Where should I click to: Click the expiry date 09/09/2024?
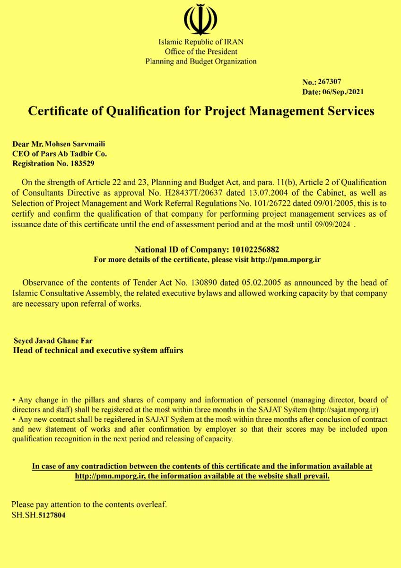333,224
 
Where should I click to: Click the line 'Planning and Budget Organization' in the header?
200,61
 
